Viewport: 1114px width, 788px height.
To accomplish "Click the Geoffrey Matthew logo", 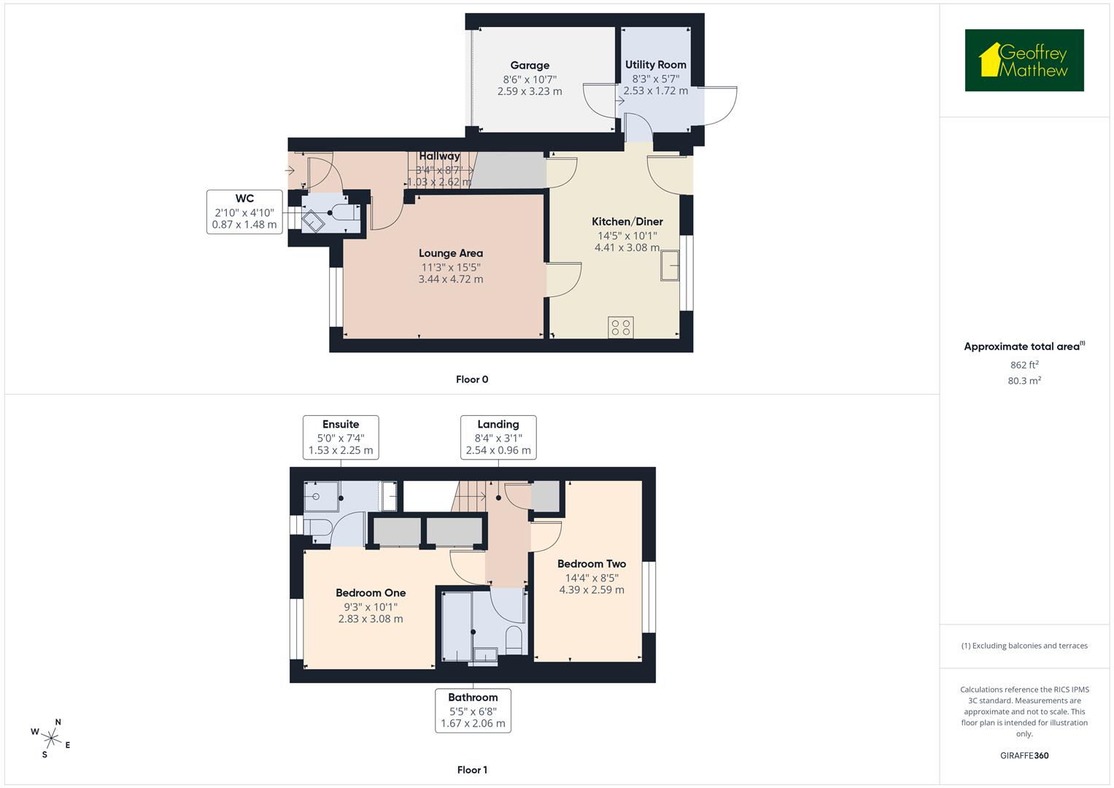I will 1024,61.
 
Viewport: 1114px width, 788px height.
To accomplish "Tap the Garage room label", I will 530,66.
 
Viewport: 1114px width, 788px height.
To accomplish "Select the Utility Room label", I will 655,65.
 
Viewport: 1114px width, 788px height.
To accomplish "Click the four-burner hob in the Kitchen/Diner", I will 622,328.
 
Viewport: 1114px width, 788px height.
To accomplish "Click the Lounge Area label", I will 450,253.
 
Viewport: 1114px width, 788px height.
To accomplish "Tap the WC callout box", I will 244,212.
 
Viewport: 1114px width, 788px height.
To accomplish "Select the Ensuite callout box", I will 341,437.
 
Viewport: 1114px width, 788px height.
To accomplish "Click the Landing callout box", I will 498,437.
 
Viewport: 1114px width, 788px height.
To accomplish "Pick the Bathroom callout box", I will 473,710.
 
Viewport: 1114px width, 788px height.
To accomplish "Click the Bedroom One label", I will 371,593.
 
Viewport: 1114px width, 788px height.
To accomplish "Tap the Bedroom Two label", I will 591,564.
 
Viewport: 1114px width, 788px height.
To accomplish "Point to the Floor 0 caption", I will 472,379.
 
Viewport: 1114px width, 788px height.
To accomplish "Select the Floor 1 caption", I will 472,770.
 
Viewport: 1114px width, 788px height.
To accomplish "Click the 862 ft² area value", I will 1024,365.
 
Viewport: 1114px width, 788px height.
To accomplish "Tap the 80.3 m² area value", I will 1024,381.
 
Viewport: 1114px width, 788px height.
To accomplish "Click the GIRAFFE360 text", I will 1024,756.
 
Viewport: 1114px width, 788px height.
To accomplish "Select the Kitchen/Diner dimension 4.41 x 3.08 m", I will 627,248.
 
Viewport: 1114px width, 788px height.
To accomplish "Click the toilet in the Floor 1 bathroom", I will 514,638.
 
